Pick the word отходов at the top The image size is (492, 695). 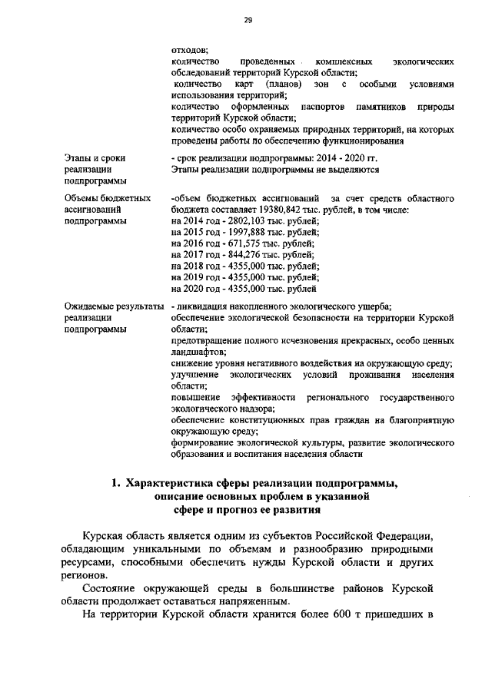(x=186, y=48)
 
